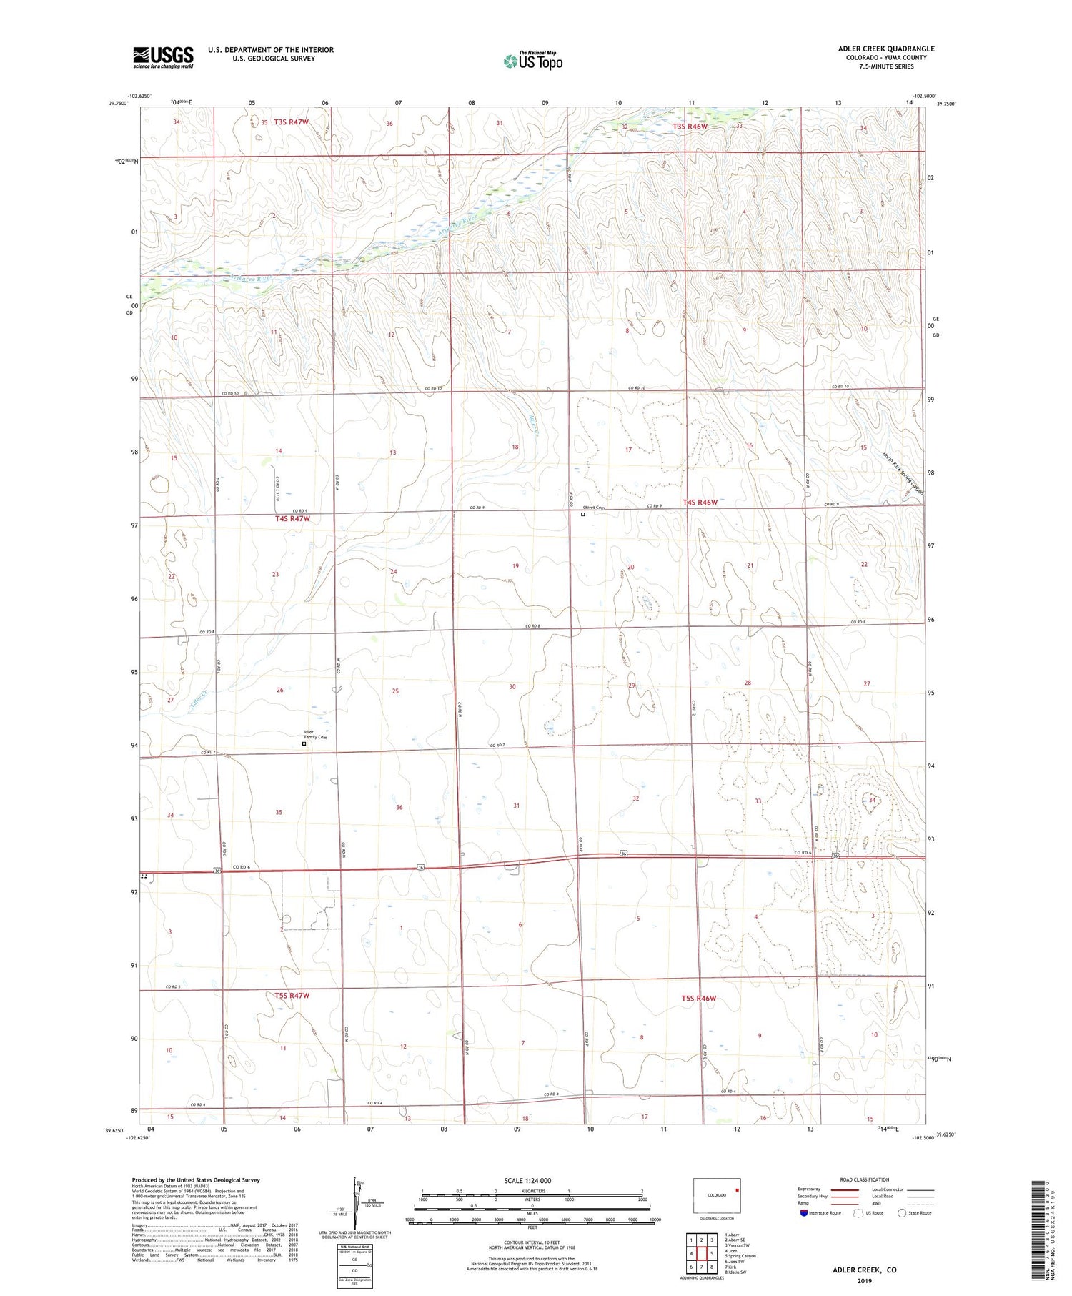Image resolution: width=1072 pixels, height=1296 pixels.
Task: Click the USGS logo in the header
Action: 163,57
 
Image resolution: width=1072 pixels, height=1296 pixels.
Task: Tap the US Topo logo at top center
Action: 532,61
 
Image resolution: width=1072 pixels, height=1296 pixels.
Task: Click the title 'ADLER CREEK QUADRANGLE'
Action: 886,49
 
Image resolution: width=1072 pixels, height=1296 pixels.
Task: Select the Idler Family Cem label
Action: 314,734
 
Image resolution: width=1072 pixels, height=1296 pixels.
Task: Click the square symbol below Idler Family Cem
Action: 304,743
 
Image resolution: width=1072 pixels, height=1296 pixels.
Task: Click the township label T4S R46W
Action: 700,503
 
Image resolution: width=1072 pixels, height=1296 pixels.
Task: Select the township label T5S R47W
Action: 292,995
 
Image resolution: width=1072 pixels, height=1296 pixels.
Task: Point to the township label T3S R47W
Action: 291,122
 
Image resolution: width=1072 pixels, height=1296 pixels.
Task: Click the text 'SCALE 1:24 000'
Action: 532,1180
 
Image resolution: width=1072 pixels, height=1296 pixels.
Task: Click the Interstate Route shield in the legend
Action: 805,1213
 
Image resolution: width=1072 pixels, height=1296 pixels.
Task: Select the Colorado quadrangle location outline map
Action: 717,1196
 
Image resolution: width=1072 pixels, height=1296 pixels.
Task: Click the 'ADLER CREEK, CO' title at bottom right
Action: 864,1270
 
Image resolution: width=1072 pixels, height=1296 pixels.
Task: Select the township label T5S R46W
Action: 699,998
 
